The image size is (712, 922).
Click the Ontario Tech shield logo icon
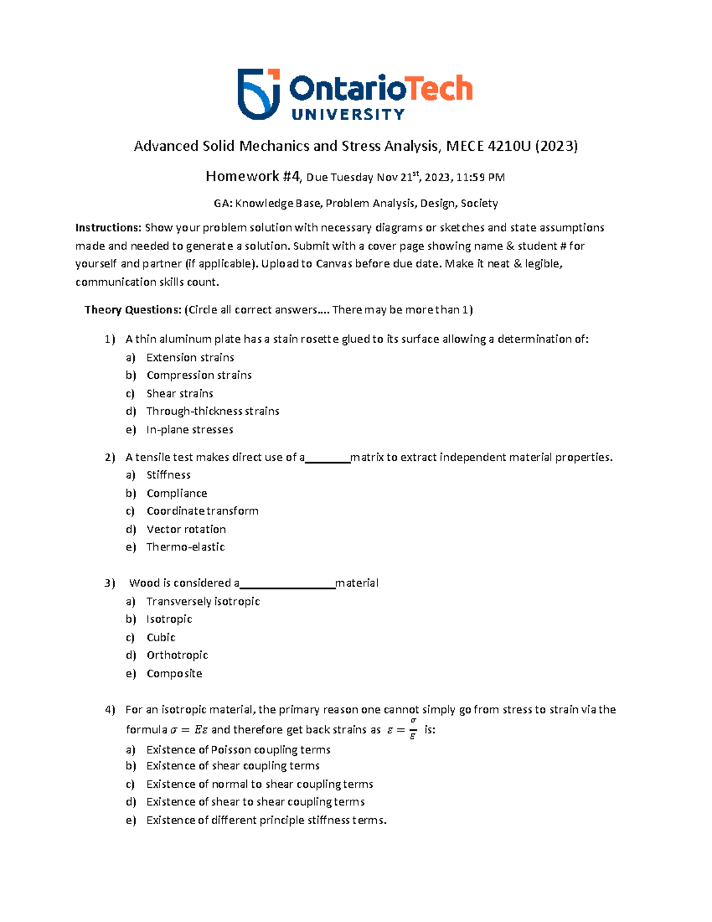click(259, 94)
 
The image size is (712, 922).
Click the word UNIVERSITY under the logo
click(348, 115)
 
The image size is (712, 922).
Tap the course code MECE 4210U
click(488, 146)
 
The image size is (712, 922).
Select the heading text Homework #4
click(253, 176)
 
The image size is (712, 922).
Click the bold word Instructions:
click(108, 228)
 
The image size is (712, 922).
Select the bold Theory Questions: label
click(132, 310)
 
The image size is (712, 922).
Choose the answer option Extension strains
click(190, 357)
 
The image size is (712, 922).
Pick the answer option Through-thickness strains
click(212, 411)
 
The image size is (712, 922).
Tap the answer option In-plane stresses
click(189, 430)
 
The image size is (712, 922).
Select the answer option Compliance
click(177, 493)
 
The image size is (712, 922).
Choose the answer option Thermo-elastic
click(185, 547)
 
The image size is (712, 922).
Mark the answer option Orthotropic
click(177, 655)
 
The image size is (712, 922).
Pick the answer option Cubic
click(161, 638)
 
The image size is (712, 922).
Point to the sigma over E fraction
click(413, 728)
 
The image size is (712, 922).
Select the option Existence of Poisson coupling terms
click(238, 750)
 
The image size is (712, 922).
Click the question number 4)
click(110, 710)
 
